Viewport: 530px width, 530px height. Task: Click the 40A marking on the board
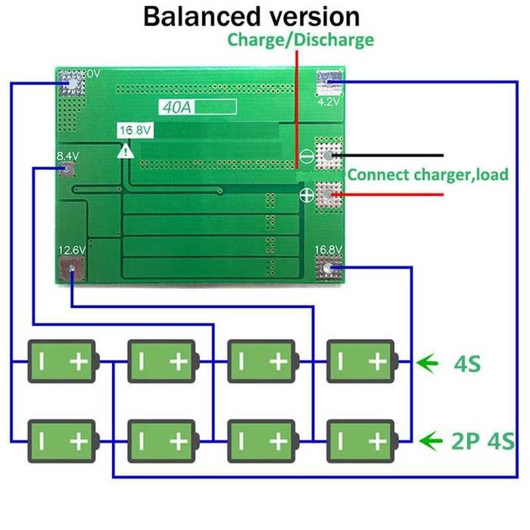click(x=176, y=108)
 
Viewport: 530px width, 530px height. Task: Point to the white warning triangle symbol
click(x=123, y=151)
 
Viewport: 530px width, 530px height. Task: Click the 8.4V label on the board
click(x=68, y=157)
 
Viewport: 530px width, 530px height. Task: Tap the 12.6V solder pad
click(x=72, y=268)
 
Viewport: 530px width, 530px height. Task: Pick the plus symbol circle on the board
click(x=307, y=196)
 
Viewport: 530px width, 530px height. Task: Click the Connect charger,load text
click(x=428, y=175)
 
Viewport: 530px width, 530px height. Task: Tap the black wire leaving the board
click(x=394, y=155)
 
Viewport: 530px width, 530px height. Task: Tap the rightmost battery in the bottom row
click(x=360, y=440)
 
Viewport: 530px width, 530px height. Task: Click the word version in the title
click(x=309, y=16)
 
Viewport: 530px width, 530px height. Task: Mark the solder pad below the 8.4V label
click(x=68, y=170)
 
